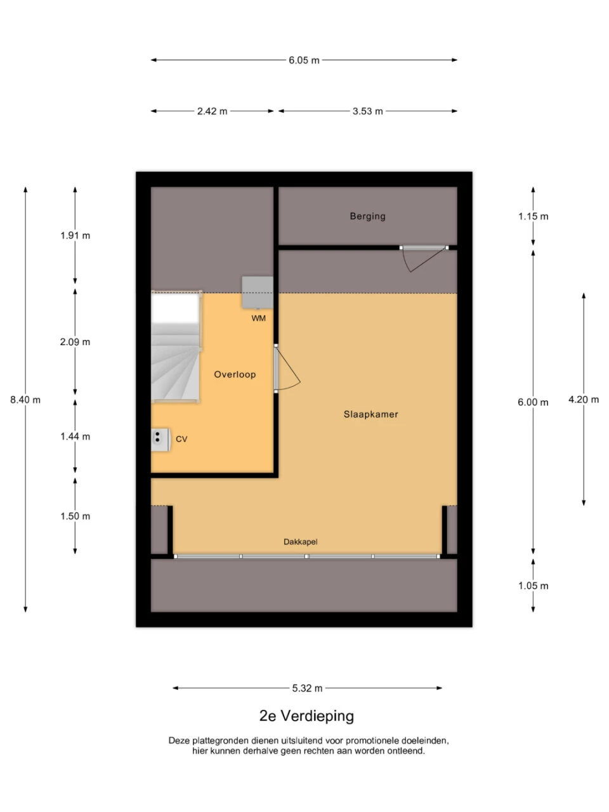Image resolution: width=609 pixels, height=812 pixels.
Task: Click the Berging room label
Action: (x=367, y=216)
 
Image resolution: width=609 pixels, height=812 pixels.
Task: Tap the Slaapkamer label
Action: (x=371, y=414)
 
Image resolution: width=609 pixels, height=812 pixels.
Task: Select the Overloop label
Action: (x=235, y=374)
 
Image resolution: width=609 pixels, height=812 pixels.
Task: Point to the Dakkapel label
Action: (x=300, y=542)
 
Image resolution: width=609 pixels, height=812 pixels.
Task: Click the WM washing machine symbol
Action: (x=258, y=292)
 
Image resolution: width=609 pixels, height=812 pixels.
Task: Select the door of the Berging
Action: (x=423, y=257)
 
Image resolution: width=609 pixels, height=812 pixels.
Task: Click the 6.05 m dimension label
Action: (x=304, y=60)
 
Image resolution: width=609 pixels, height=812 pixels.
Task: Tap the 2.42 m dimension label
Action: (x=212, y=111)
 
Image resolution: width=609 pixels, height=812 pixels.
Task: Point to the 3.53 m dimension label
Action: (x=368, y=111)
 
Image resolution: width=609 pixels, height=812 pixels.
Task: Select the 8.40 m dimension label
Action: (x=25, y=400)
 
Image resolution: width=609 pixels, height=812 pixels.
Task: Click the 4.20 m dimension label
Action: (x=584, y=400)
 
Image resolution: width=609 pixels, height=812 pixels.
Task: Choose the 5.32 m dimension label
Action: (x=308, y=688)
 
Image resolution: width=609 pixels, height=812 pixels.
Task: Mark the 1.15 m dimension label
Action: (x=533, y=216)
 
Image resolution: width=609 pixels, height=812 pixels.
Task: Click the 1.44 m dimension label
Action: (x=75, y=436)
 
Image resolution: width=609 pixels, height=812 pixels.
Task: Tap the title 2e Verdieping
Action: (x=306, y=716)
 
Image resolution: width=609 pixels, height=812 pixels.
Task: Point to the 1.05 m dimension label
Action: (x=533, y=586)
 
